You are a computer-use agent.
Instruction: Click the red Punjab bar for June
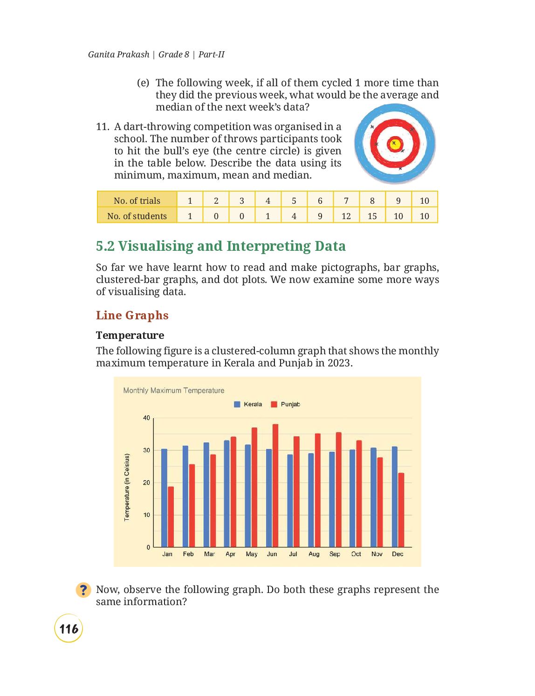(275, 485)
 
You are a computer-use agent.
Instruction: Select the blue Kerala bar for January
(164, 498)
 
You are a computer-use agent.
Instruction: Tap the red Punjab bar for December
(401, 510)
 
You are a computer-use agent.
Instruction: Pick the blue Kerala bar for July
(290, 501)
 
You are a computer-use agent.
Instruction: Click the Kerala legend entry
(248, 404)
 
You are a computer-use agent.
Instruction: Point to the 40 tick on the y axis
(146, 418)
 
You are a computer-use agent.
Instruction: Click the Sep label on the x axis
(335, 554)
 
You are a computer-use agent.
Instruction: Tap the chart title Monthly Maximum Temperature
(173, 391)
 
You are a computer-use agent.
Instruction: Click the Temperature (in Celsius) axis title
(127, 487)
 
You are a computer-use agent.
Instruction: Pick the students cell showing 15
(372, 216)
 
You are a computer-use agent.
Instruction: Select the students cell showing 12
(346, 216)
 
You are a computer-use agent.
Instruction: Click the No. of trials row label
(137, 200)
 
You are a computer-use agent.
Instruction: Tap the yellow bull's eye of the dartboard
(395, 144)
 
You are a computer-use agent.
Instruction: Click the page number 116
(69, 629)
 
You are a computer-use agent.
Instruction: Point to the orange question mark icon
(83, 590)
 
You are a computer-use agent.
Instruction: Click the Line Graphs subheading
(132, 315)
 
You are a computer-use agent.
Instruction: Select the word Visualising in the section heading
(156, 246)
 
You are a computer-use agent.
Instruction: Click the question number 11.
(103, 126)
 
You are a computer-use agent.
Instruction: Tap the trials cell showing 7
(346, 200)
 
